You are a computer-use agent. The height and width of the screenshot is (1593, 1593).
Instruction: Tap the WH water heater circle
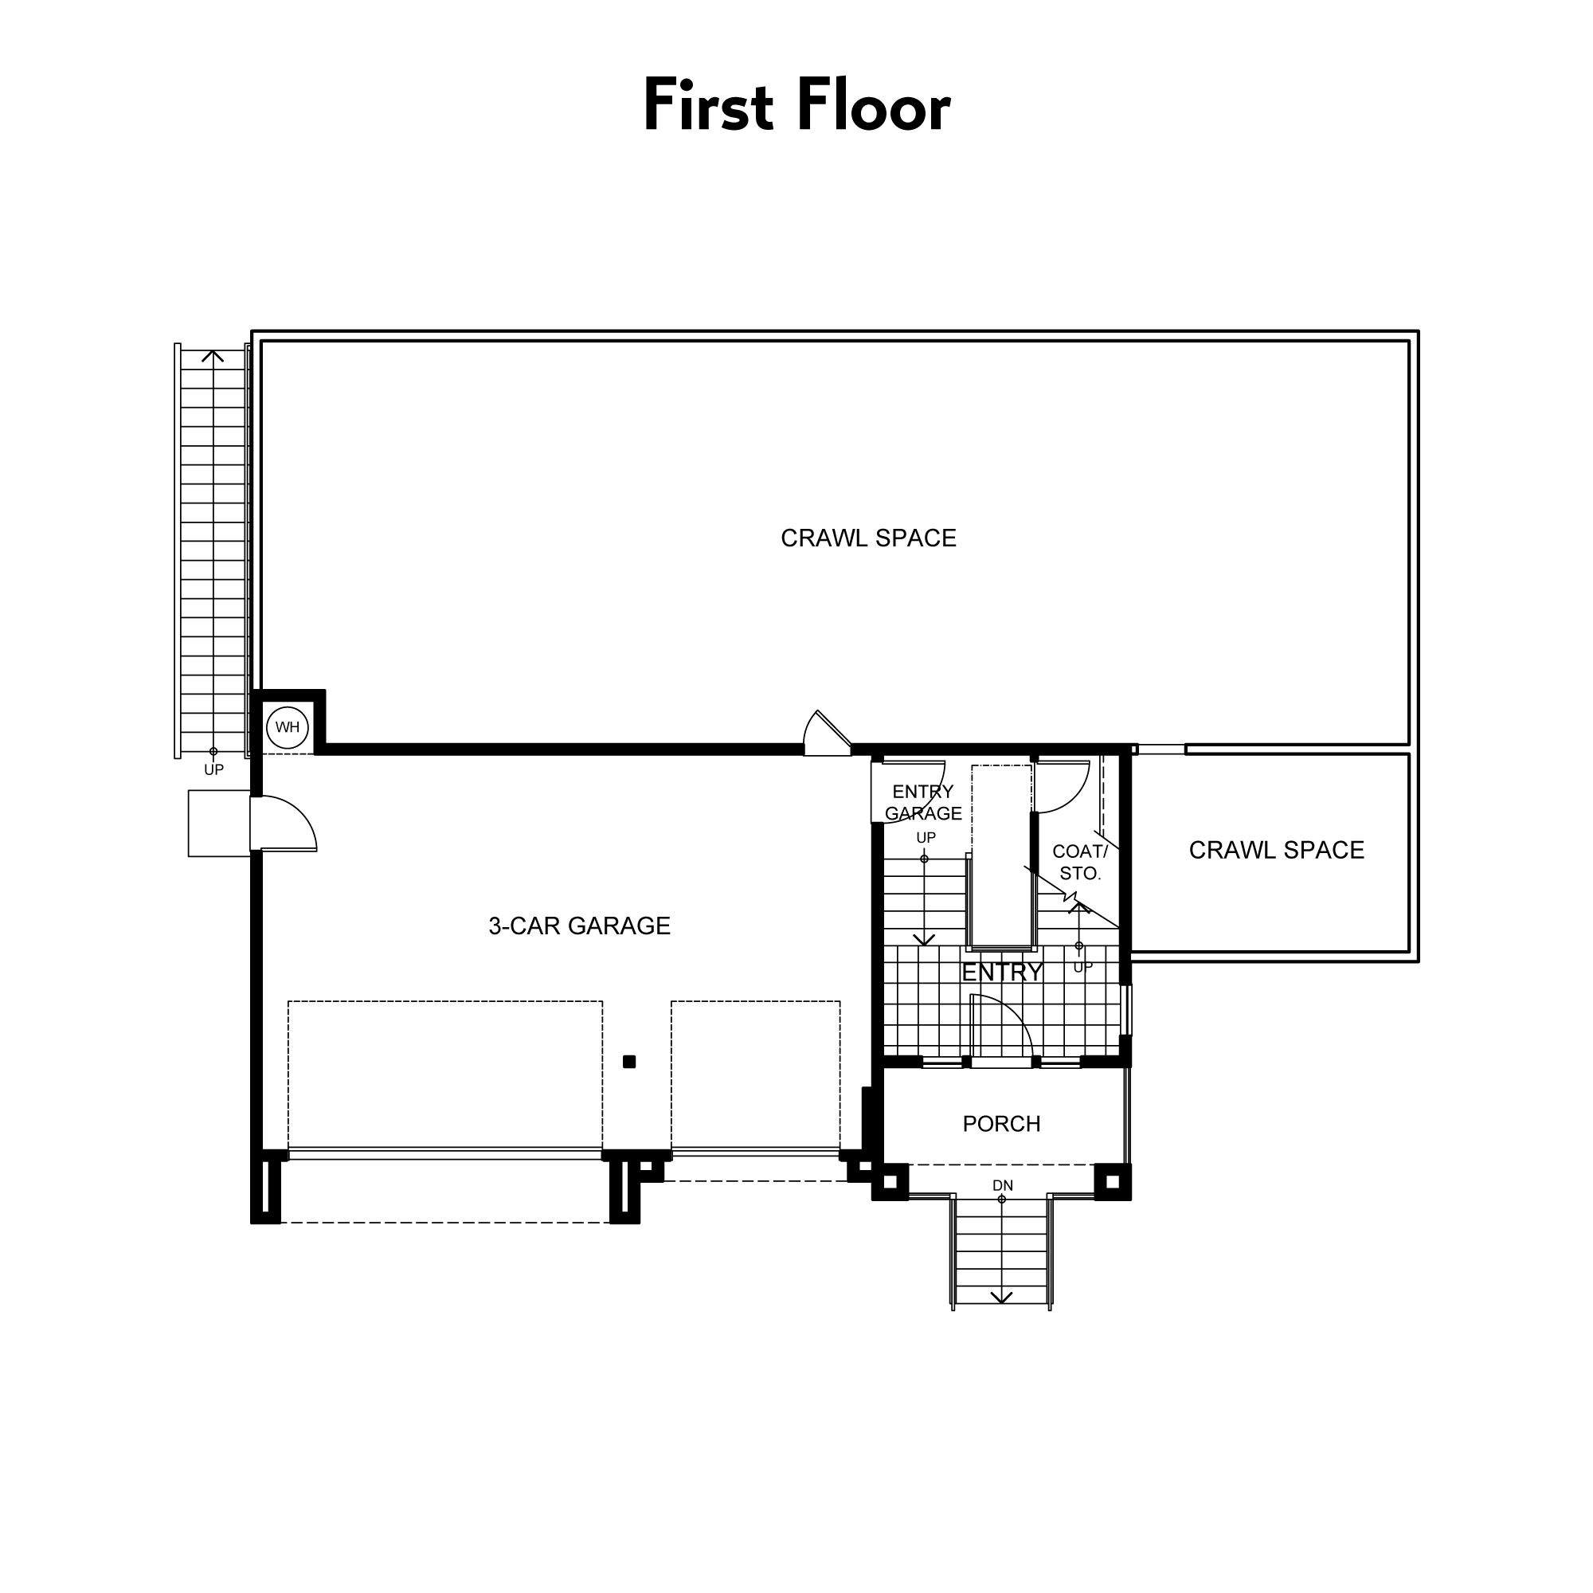pos(287,727)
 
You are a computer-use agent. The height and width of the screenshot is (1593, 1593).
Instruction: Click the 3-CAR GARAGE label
pos(579,926)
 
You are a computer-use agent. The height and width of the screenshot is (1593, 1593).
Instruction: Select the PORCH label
pos(1001,1124)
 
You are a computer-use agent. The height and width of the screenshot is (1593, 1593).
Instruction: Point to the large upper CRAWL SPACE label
pos(867,538)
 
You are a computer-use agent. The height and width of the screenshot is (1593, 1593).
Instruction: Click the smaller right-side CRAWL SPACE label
pos(1275,850)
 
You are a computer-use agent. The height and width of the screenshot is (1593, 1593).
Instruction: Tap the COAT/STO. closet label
pos(1079,863)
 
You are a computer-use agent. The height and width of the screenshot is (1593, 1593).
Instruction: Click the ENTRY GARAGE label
pos(922,802)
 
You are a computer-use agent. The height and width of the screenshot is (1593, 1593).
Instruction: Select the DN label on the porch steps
pos(1002,1186)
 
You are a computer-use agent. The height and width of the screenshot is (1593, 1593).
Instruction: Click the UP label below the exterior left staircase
pos(213,770)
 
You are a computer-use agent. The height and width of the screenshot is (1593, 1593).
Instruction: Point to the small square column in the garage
pos(629,1062)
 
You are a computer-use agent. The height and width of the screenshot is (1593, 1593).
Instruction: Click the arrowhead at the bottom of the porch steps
pos(1001,1297)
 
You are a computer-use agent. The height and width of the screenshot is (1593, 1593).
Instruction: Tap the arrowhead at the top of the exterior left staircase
pos(213,356)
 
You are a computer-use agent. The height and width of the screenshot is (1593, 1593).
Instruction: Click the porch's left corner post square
pos(890,1181)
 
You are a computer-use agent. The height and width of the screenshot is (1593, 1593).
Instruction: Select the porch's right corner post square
pos(1112,1181)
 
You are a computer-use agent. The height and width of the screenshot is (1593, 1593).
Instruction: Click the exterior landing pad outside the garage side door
pos(219,823)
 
